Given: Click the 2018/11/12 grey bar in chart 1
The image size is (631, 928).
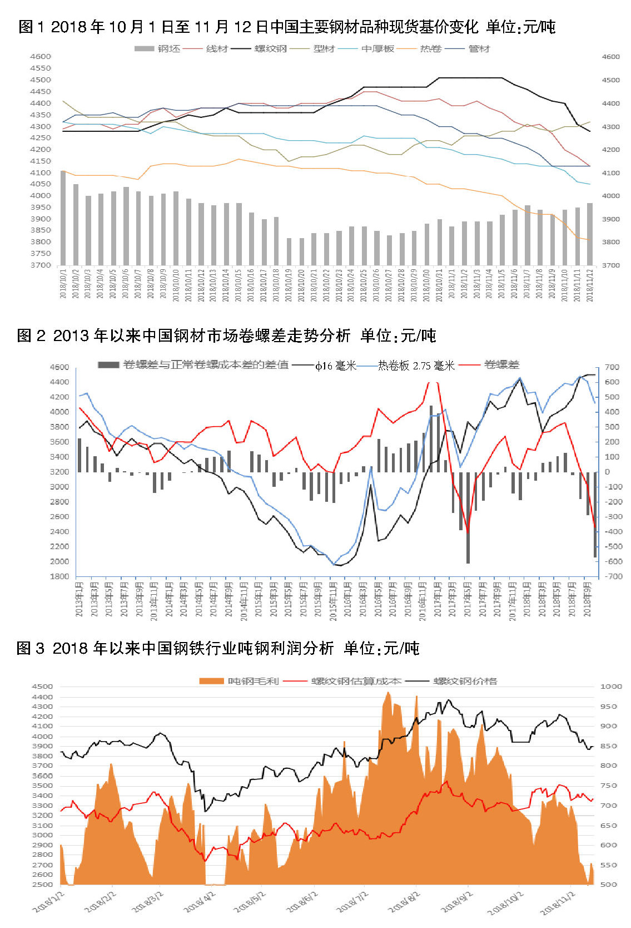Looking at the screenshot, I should [x=590, y=234].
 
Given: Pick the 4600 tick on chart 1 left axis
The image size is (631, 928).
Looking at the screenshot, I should [x=41, y=56].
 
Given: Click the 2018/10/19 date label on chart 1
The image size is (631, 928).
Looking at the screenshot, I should [x=289, y=285].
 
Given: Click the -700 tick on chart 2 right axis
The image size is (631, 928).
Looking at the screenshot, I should [x=612, y=576].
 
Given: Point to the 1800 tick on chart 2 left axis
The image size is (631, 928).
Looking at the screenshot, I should [x=59, y=576].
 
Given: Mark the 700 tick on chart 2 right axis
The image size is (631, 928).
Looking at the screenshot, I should [x=612, y=367].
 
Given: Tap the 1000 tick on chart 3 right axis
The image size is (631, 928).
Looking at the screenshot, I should [x=611, y=687].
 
